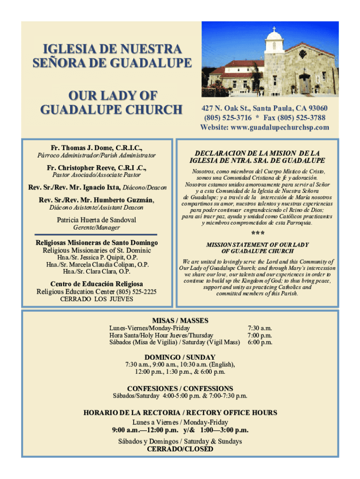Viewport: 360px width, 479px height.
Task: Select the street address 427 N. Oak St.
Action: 228,108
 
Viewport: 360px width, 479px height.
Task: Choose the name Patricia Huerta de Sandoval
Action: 96,220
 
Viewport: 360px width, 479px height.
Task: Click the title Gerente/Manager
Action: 96,227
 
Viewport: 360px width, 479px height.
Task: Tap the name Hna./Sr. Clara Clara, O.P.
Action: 97,271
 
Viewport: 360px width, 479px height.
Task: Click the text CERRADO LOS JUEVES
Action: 96,299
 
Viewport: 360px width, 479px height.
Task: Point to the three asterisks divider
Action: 258,234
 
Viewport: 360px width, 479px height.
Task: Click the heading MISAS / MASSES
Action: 180,320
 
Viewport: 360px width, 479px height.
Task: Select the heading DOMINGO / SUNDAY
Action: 180,357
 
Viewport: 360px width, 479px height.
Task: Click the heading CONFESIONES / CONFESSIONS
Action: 180,389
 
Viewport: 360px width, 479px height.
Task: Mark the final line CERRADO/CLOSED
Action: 180,449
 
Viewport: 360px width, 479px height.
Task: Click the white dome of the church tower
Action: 274,35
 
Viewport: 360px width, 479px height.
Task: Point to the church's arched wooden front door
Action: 305,85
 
